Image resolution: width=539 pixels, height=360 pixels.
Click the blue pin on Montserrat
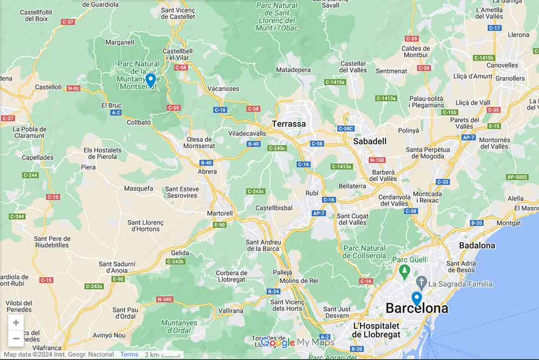(151, 80)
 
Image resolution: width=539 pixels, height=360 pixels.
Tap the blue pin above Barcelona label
(416, 298)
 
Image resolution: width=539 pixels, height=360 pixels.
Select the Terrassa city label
(289, 124)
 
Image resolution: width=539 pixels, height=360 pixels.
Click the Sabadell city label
(370, 141)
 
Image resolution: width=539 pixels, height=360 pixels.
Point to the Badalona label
(477, 246)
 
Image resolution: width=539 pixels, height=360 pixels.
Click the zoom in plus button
(16, 323)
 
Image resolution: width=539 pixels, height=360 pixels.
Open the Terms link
(129, 355)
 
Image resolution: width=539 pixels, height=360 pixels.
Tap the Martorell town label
(220, 213)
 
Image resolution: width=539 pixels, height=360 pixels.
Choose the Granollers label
(510, 79)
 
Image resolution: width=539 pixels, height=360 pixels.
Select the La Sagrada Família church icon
(420, 282)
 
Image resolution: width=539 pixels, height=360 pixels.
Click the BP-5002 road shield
(517, 177)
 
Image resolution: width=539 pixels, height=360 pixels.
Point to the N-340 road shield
(164, 299)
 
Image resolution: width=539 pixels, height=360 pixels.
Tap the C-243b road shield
(175, 261)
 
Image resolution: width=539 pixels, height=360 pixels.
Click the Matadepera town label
(293, 70)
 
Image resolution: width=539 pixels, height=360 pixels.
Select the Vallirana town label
(231, 310)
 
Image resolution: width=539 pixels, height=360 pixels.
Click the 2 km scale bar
(162, 355)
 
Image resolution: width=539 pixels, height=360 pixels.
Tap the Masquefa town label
(139, 189)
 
